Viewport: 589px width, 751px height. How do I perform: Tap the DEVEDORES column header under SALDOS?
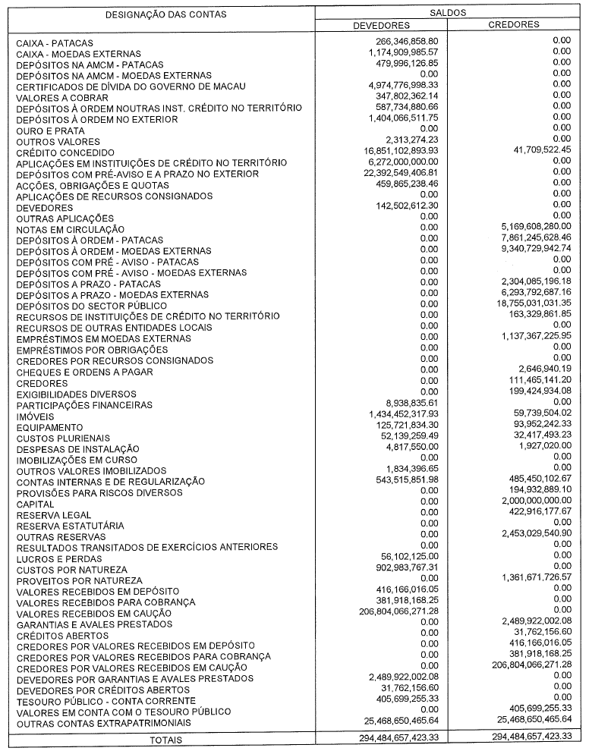tap(381, 24)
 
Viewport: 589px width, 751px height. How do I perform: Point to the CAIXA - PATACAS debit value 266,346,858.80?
tap(402, 39)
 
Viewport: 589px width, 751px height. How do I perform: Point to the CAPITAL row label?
tap(35, 504)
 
